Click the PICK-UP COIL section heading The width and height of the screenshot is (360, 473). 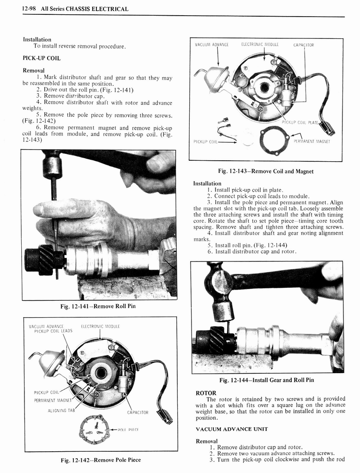coord(42,58)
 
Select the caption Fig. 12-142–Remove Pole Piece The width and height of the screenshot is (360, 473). coord(101,460)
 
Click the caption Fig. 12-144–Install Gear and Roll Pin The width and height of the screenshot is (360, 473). coord(266,380)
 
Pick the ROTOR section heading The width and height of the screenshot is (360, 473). coord(206,393)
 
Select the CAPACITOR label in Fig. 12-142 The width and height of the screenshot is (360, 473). coord(138,412)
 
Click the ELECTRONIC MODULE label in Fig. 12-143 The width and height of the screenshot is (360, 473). coord(260,45)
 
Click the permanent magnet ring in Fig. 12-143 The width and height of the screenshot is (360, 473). coord(274,140)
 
